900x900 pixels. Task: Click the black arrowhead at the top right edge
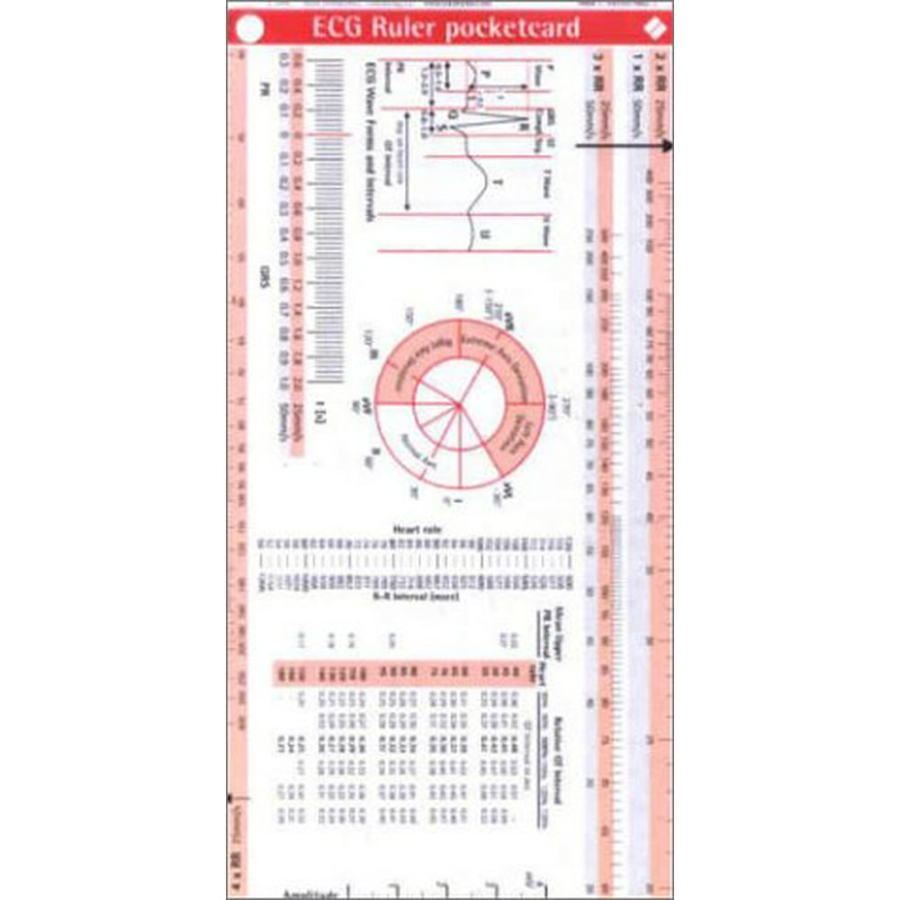667,146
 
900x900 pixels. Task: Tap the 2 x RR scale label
661,71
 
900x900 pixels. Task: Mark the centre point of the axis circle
459,408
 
